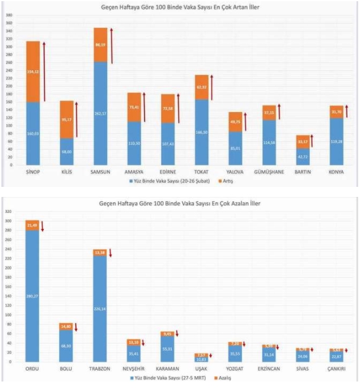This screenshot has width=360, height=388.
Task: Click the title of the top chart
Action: click(179, 7)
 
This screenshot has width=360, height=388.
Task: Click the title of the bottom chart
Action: click(179, 203)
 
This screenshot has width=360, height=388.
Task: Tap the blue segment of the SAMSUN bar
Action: click(100, 112)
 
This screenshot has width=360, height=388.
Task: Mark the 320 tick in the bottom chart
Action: click(9, 211)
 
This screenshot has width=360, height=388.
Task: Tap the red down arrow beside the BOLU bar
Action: click(76, 327)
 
